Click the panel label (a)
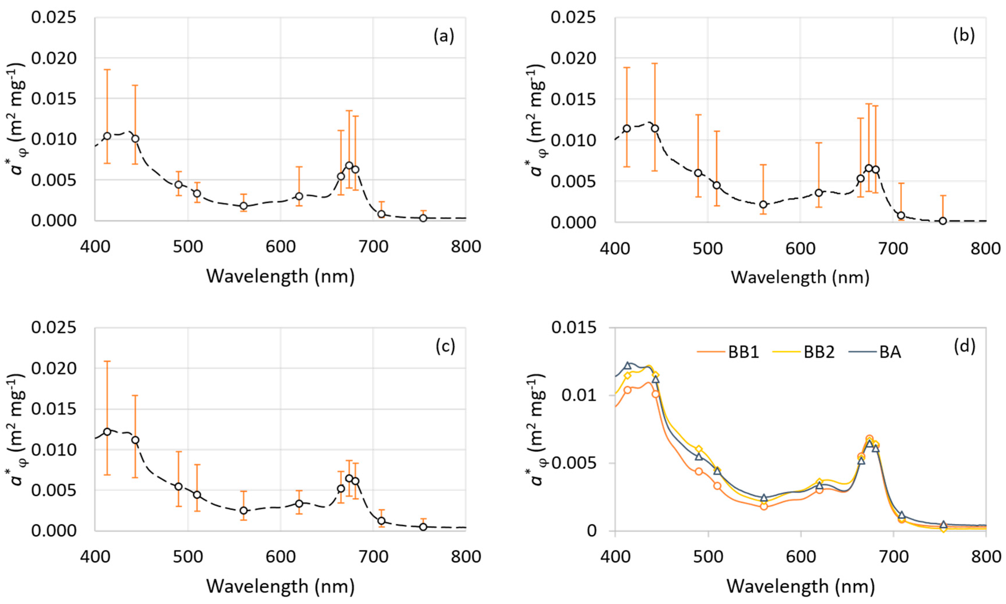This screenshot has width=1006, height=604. coord(444,36)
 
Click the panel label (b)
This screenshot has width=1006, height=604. coord(963,36)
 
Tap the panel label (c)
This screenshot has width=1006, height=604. coord(445,346)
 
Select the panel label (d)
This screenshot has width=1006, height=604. coord(964,346)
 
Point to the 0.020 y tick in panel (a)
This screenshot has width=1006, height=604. coord(54,58)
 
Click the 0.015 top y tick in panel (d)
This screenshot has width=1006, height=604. coord(573,327)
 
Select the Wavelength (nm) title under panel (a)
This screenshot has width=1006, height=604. coord(280,277)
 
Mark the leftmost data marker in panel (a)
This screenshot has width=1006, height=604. coord(107,136)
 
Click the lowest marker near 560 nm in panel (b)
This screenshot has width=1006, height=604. coord(763,204)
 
